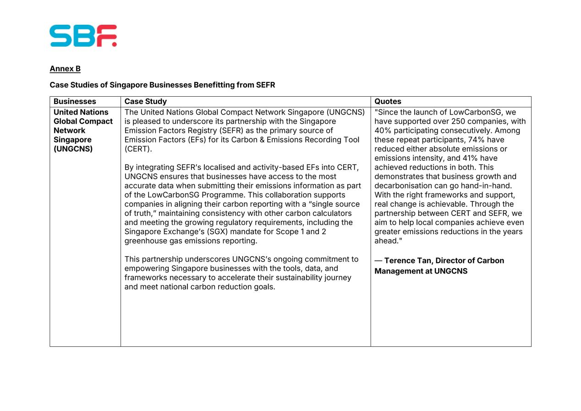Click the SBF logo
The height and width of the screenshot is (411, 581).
pyautogui.click(x=83, y=36)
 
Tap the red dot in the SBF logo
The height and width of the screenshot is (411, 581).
pyautogui.click(x=114, y=44)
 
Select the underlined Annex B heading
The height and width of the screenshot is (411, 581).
pyautogui.click(x=65, y=69)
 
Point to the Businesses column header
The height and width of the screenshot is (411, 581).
pyautogui.click(x=75, y=101)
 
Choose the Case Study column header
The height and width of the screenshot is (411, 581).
pyautogui.click(x=146, y=101)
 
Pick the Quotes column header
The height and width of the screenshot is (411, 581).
pyautogui.click(x=388, y=101)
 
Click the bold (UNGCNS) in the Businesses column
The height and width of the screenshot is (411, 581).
pyautogui.click(x=73, y=149)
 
